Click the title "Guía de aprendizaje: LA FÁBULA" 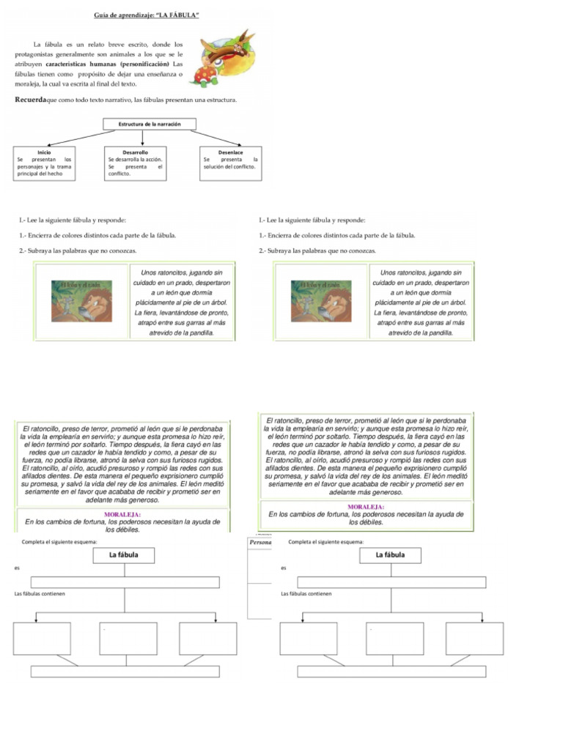coord(147,15)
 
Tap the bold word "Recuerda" coord(31,99)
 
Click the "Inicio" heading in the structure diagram coord(43,152)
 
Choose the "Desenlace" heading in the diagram coord(231,152)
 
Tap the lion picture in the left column coord(81,300)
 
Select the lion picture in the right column coord(320,300)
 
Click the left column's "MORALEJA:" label coord(122,514)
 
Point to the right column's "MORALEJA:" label coord(366,506)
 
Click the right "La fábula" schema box coord(389,555)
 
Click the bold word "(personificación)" coord(144,64)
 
